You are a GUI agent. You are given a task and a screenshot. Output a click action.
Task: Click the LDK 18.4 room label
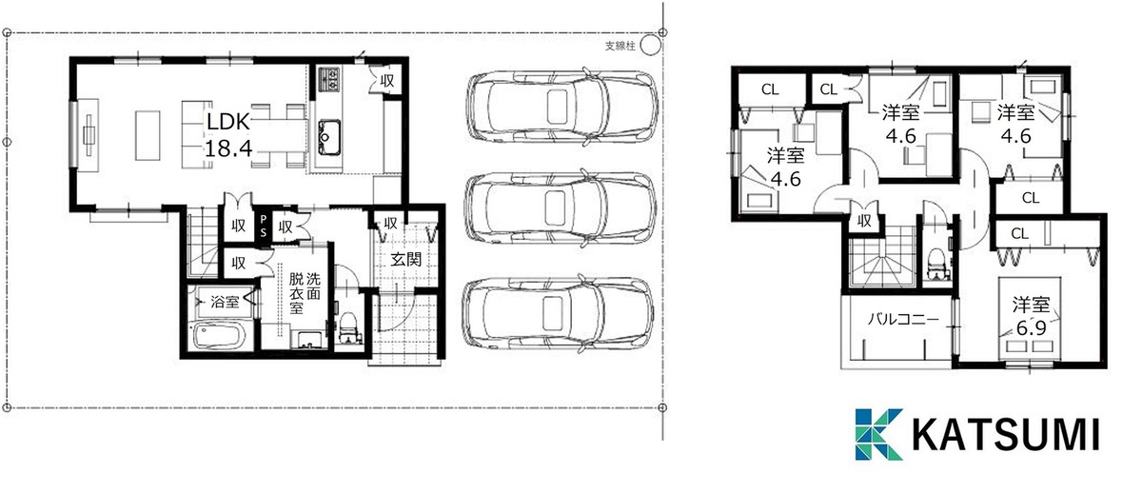tap(227, 135)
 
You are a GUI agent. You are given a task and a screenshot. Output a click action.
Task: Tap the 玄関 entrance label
tap(405, 260)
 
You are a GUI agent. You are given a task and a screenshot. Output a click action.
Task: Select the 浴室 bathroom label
tap(225, 302)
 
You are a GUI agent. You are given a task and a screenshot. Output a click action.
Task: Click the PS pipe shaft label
tap(263, 226)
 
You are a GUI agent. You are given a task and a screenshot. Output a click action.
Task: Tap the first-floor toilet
tap(348, 327)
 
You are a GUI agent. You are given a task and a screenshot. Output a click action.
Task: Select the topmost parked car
tap(562, 108)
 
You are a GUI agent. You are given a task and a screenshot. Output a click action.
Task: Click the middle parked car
tap(561, 207)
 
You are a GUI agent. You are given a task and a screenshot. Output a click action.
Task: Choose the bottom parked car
tap(559, 313)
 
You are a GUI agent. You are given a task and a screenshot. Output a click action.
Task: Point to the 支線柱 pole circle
tap(650, 45)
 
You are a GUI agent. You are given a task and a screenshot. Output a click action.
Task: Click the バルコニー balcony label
tap(903, 320)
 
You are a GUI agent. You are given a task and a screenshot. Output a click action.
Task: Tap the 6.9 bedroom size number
tap(1031, 328)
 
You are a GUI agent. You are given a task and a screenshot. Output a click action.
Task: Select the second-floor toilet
tap(936, 264)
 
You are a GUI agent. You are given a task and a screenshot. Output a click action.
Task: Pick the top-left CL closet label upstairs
tap(770, 89)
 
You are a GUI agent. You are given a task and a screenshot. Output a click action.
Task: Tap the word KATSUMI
tap(1005, 435)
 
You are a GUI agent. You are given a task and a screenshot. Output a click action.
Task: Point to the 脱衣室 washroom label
tap(297, 293)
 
